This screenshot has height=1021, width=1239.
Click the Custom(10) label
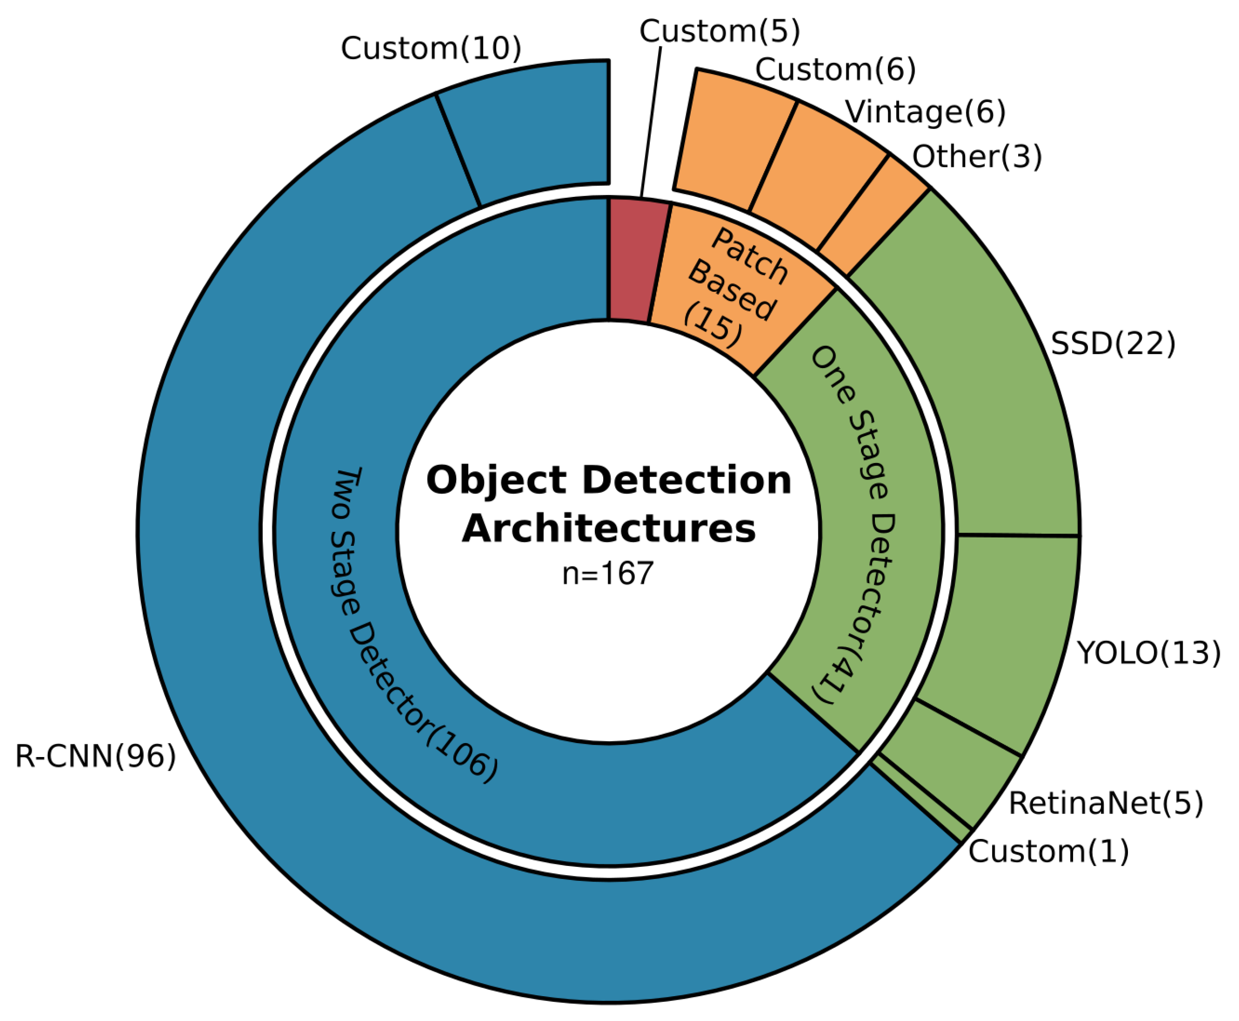(430, 48)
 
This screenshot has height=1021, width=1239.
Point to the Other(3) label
(976, 156)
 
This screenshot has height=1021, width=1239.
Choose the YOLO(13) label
(1148, 653)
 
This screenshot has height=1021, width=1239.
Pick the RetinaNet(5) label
(1105, 803)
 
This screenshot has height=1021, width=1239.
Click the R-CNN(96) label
(95, 756)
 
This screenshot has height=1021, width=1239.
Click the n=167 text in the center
(608, 573)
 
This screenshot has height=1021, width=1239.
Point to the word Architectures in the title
(608, 529)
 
